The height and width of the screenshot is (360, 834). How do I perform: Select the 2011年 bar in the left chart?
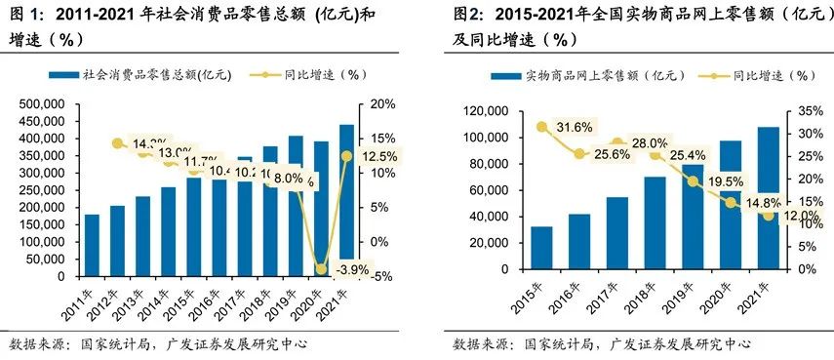(93, 245)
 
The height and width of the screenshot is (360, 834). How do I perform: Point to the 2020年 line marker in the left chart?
(320, 267)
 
